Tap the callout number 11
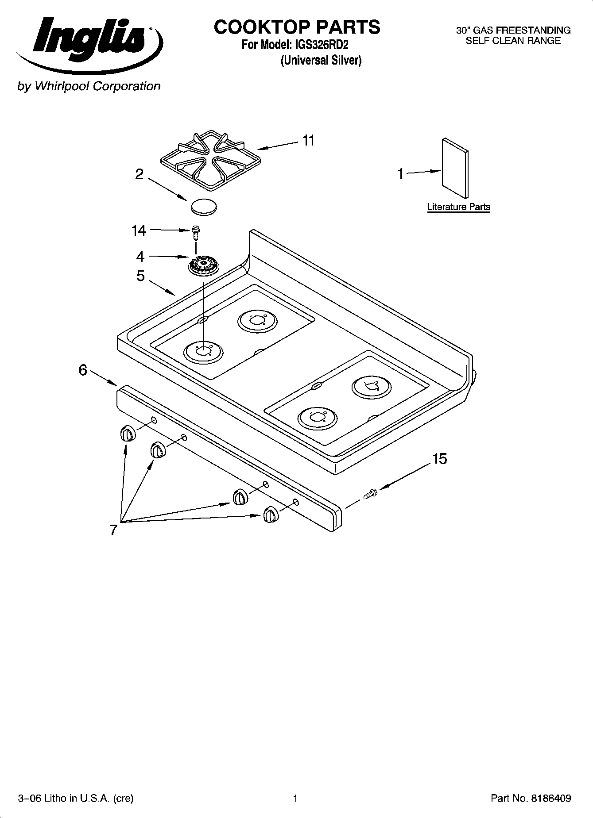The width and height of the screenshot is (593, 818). click(x=308, y=141)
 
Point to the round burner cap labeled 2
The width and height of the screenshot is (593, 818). click(x=204, y=207)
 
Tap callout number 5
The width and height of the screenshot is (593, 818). click(x=140, y=276)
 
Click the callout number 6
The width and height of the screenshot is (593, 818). click(x=83, y=370)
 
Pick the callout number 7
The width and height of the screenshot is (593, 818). click(x=113, y=530)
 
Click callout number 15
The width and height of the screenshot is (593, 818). click(x=439, y=459)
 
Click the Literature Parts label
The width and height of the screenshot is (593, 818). click(x=458, y=207)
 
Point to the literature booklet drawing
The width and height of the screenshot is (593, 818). click(x=455, y=167)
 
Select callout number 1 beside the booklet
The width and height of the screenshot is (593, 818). click(x=401, y=174)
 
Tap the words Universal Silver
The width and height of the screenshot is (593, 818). click(x=321, y=60)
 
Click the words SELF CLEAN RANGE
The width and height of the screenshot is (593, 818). click(x=513, y=41)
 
